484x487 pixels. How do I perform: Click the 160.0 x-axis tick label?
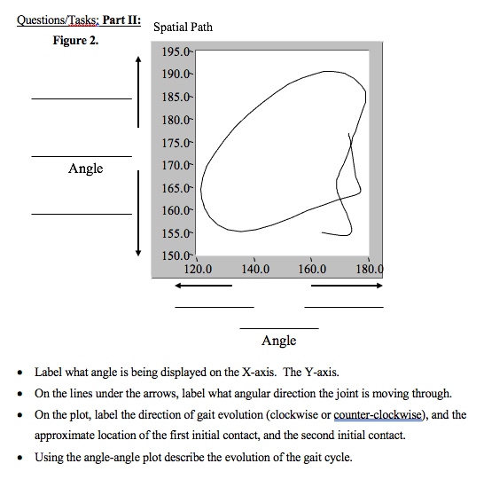(x=311, y=270)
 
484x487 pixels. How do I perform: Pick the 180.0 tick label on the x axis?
(x=369, y=270)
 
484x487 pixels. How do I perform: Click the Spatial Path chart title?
(x=183, y=27)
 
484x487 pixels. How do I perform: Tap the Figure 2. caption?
(x=75, y=40)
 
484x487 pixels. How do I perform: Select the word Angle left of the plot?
(x=85, y=169)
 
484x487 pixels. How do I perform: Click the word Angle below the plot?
(x=279, y=341)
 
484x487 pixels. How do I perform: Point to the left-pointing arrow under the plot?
(x=203, y=286)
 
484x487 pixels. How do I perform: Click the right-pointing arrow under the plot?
(x=347, y=286)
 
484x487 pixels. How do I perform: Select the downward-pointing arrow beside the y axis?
(x=138, y=213)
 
